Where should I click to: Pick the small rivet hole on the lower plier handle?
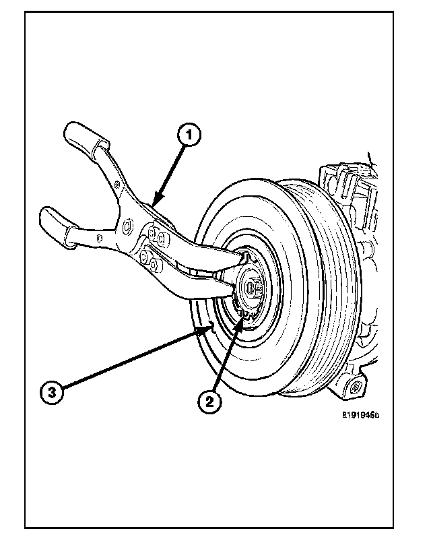(99, 237)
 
